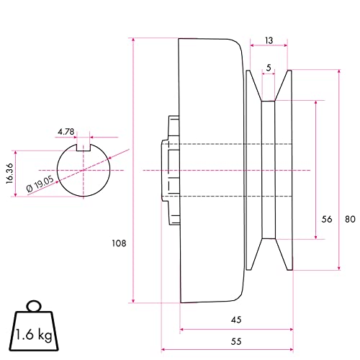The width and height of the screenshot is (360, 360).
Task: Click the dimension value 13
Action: (269, 42)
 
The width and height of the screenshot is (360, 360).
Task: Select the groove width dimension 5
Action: (269, 69)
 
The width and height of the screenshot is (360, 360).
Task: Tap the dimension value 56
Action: (326, 220)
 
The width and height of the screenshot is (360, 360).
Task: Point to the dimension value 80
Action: (348, 220)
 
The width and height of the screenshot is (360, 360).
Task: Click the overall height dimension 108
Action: (120, 243)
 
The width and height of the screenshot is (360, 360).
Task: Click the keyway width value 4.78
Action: (66, 131)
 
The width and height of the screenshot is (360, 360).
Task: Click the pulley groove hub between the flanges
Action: (269, 171)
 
